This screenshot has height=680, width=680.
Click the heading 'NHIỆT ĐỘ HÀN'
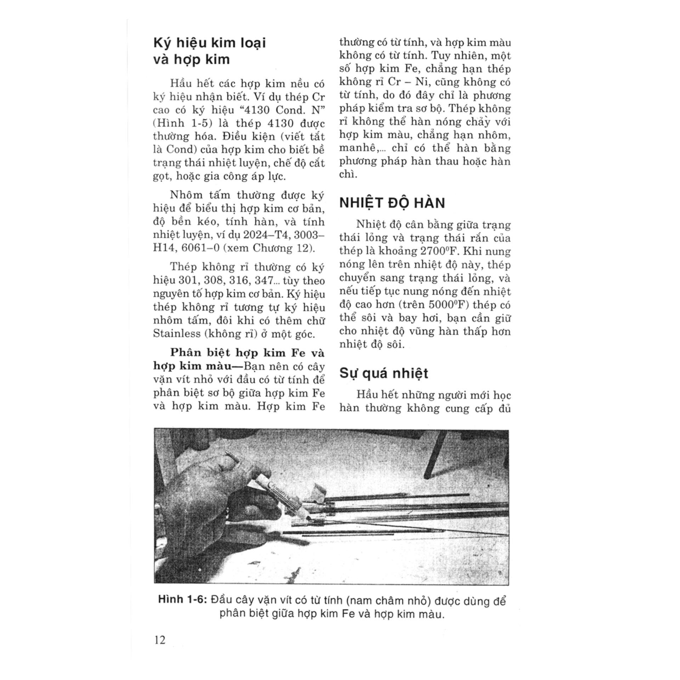click(x=392, y=203)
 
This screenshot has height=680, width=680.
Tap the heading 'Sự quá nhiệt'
click(x=384, y=373)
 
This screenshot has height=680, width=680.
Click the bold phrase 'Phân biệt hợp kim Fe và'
click(x=247, y=353)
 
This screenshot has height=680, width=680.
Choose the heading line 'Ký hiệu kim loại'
click(x=209, y=43)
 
